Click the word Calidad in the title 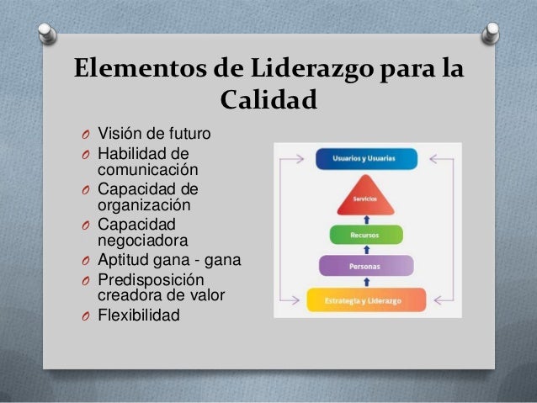[268, 102]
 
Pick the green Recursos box [367, 236]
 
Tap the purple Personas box [367, 266]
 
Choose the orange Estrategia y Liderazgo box [367, 299]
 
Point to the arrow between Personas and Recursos [367, 250]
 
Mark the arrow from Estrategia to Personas [367, 282]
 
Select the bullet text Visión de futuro [155, 134]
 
